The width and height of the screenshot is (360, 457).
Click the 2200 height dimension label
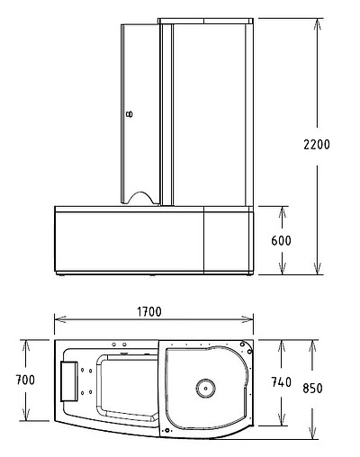(x=317, y=145)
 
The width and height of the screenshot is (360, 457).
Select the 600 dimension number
(x=281, y=240)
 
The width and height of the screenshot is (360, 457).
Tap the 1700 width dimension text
(x=149, y=312)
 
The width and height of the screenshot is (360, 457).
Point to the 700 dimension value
(x=25, y=380)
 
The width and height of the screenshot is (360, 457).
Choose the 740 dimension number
(x=282, y=382)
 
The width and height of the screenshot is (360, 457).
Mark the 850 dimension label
(x=312, y=388)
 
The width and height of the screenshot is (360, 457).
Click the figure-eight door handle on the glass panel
(x=130, y=114)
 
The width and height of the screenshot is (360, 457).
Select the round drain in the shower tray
(x=205, y=388)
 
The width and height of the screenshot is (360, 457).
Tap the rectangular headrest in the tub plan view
(x=69, y=381)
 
